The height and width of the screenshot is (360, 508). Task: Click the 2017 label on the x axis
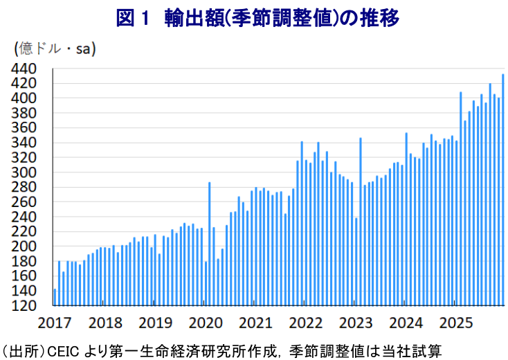click(55, 323)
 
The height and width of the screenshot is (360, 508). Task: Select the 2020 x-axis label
click(206, 323)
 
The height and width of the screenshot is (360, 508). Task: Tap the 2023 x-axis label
click(356, 323)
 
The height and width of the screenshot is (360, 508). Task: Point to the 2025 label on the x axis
click(457, 323)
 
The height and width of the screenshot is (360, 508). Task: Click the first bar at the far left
click(55, 297)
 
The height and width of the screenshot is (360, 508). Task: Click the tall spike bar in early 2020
click(210, 243)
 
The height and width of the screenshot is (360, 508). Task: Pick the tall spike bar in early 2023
click(361, 222)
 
